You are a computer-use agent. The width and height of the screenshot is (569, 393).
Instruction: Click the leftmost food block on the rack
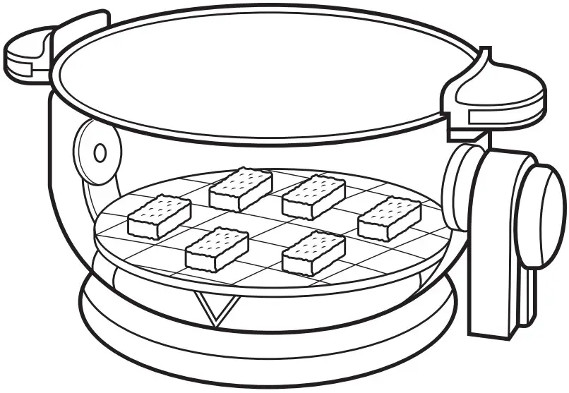click(159, 217)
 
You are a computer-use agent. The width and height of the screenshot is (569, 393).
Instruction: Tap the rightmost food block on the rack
click(390, 217)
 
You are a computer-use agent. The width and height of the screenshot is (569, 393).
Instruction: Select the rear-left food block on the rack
click(241, 188)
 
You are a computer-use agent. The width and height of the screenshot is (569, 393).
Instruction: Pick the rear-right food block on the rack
click(313, 197)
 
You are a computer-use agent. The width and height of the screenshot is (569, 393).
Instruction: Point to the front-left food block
click(217, 248)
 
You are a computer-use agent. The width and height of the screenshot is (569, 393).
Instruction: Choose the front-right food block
click(313, 252)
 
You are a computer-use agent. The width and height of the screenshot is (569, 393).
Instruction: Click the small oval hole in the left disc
click(100, 152)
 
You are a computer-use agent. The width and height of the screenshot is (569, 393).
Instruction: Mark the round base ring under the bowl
click(268, 339)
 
